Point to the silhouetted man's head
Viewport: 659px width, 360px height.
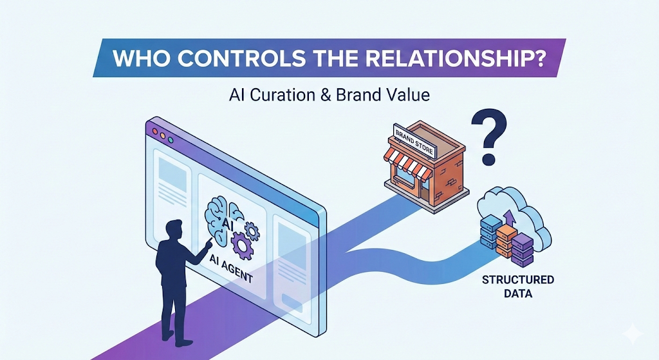[173, 231]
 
